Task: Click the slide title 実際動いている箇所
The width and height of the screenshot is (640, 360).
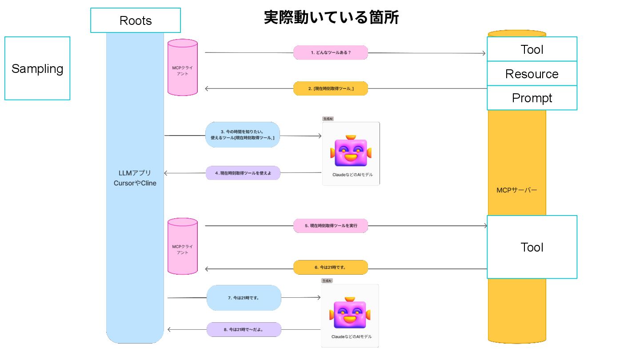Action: [331, 17]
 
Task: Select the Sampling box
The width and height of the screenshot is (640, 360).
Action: [37, 68]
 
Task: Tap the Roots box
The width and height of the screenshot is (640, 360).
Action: [136, 20]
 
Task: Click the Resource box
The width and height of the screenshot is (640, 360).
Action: [532, 74]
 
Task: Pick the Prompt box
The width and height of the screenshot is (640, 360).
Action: [532, 98]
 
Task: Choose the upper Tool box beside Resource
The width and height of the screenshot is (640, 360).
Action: [532, 49]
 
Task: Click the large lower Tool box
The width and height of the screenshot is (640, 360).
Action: [532, 247]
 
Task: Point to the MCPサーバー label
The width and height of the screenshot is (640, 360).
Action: [516, 190]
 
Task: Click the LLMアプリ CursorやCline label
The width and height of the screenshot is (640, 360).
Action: [135, 178]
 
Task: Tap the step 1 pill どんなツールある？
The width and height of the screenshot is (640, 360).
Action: [330, 52]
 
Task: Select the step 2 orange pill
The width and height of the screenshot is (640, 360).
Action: [330, 88]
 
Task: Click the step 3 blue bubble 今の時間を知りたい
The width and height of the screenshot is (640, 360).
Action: [243, 135]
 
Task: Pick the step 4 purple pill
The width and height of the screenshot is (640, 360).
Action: [243, 173]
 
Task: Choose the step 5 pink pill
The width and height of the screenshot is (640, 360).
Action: [330, 226]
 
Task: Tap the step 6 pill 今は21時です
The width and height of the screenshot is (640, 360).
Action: [330, 268]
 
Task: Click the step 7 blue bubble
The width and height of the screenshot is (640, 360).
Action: [244, 298]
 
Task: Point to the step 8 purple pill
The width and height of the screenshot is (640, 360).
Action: [244, 330]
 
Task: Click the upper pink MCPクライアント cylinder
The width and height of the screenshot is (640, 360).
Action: [182, 68]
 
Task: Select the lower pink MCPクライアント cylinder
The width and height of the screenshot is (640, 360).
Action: [182, 246]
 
